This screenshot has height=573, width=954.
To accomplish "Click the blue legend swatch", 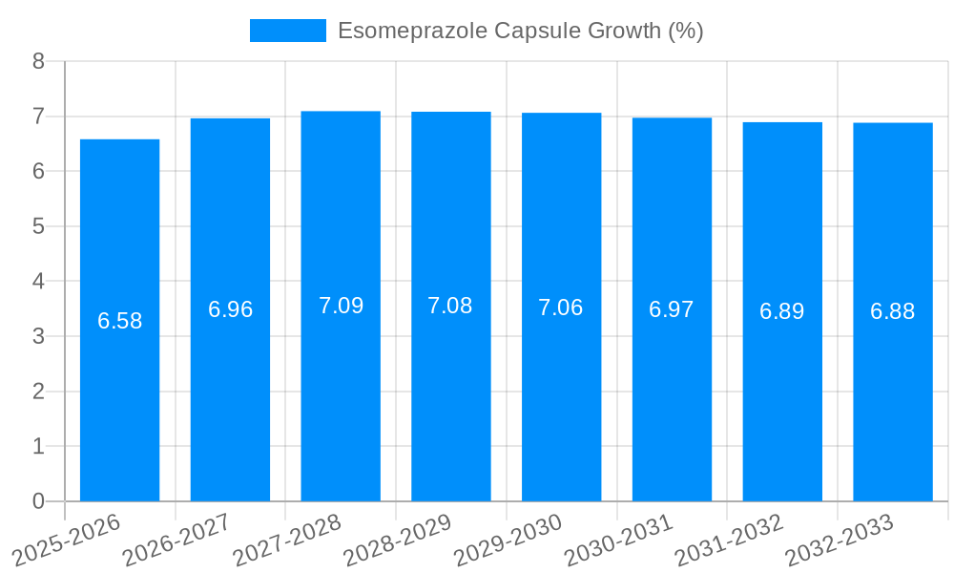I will pos(287,31).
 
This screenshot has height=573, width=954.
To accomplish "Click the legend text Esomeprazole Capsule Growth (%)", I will pos(520,31).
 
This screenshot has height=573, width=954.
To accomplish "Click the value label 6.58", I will pos(119,321).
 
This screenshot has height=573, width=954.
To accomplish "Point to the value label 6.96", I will pos(230,309).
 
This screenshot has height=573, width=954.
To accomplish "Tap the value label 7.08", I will pos(450,306).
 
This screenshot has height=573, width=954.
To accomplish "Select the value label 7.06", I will pos(561,308).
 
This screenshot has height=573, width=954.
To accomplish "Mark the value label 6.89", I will pos(782,311).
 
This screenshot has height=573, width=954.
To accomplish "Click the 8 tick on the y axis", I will pos(38,61).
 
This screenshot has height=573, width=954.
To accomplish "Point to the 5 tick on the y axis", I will pos(38,226).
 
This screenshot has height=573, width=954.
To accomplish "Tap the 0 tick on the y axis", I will pos(38,501).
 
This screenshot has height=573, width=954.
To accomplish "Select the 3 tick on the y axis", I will pos(38,336).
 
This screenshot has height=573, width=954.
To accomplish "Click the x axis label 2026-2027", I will pos(177,539).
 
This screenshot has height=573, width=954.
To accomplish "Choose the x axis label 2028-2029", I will pos(398,539).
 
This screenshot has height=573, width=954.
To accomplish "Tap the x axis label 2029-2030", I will pos(508,539).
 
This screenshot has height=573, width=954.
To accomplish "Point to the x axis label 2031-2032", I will pos(730,539).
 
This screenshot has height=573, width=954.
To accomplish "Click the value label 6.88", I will pos(893,311).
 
